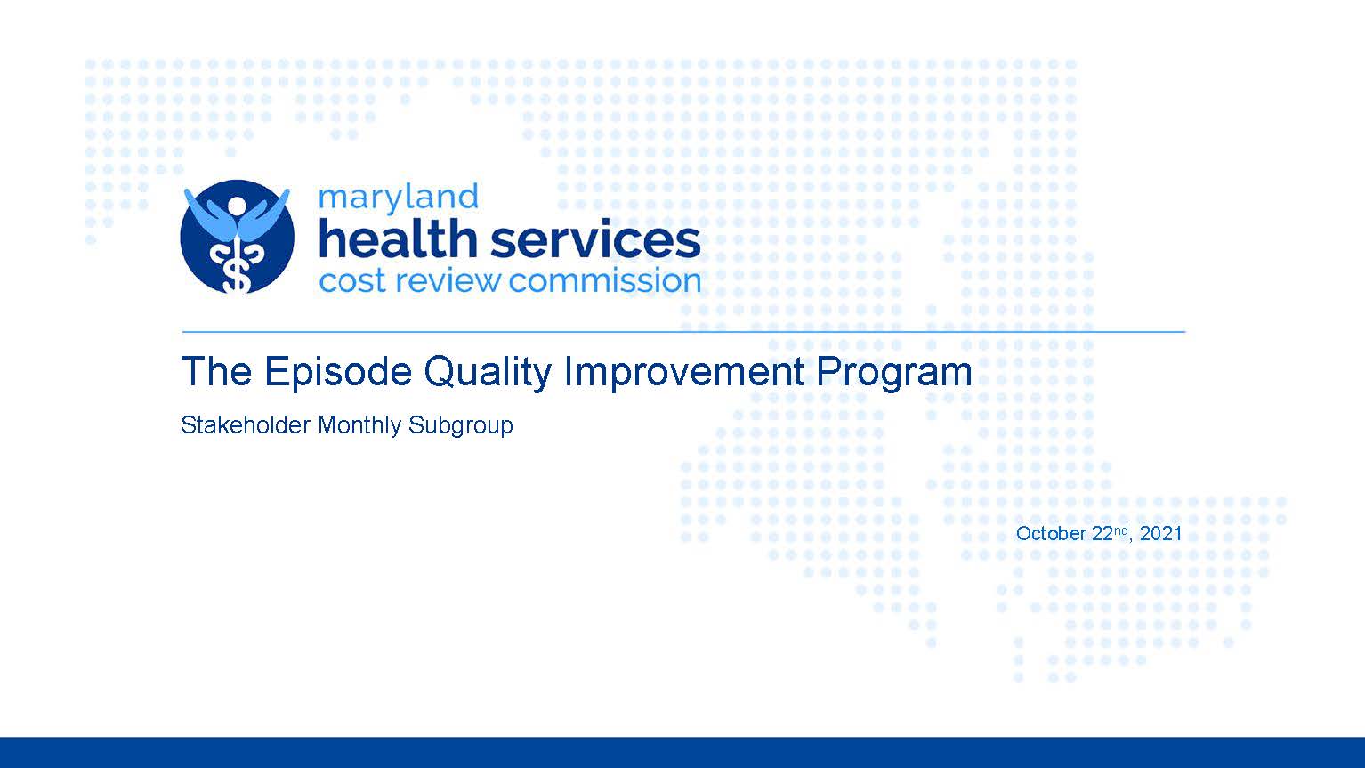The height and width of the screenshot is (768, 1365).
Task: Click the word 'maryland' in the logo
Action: click(398, 199)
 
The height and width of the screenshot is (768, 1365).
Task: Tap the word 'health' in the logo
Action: click(398, 239)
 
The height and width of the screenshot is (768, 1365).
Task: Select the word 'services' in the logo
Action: click(595, 242)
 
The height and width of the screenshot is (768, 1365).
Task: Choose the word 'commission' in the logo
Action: click(604, 281)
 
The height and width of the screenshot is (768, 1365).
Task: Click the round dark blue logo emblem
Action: click(237, 237)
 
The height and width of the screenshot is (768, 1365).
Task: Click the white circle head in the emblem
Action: click(236, 206)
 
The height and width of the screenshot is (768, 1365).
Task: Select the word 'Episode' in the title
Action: click(338, 372)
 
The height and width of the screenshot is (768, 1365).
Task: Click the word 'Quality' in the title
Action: click(488, 372)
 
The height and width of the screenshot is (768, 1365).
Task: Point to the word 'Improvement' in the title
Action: click(683, 372)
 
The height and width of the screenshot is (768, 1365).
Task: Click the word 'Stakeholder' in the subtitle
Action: click(246, 424)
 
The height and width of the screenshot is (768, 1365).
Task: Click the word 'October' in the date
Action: click(1051, 533)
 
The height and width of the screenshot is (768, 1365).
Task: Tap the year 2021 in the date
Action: click(1160, 533)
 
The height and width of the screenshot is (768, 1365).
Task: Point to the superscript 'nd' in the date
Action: click(1120, 530)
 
